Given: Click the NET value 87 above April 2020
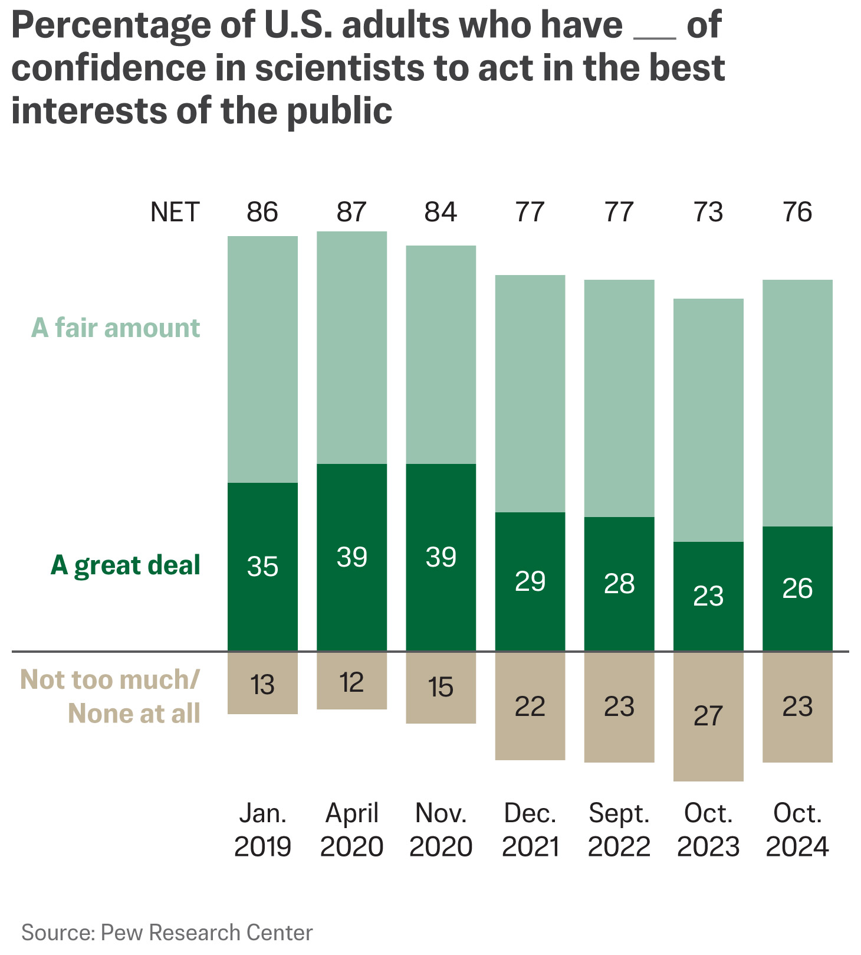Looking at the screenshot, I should coord(351,212).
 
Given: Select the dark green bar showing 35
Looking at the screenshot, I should coord(262,567).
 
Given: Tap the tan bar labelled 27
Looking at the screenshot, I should coord(708,717).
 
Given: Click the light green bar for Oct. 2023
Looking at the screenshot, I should coord(708,420).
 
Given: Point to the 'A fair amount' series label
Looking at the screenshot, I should coord(116,328).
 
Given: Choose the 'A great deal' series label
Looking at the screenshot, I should coord(125,565).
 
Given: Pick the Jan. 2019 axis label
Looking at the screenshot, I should coord(262,830).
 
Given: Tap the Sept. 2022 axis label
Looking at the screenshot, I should coord(619,830).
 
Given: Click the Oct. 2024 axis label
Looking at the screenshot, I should coord(797,830).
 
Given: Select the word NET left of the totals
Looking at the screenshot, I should coord(175,212).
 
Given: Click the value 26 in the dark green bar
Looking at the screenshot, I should coord(797,588).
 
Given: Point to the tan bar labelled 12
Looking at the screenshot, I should coord(351,681).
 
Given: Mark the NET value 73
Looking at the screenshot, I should coord(708,212).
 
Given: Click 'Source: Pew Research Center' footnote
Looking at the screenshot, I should coord(167,932).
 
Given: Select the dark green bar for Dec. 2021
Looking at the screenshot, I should coord(530,581).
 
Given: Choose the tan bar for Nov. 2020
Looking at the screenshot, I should coord(441,688).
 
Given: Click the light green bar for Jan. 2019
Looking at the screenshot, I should coord(262,359).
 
